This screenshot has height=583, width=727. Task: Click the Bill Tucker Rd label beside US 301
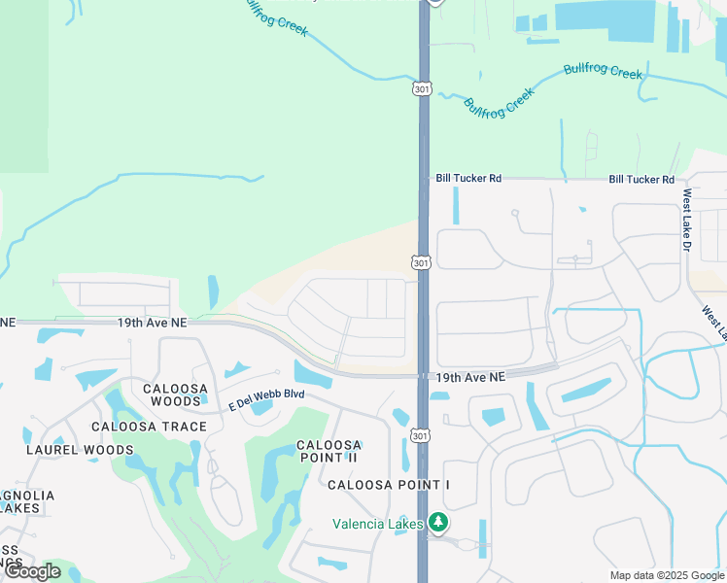point(468,179)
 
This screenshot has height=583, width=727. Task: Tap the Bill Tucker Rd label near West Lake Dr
point(641,180)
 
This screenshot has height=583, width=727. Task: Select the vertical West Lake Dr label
point(686,221)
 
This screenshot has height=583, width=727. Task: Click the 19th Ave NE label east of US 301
point(470,376)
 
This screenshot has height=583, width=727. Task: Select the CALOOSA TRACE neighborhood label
point(149,427)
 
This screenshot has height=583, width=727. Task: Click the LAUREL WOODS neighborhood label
point(80,450)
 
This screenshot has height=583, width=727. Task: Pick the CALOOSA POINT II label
point(329,452)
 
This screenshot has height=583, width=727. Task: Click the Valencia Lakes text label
point(377,524)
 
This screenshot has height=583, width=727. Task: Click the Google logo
point(33,571)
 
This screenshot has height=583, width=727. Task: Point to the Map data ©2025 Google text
point(666,575)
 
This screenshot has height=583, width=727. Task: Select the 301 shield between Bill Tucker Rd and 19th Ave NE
point(420,263)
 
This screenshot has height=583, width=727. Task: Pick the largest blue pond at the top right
point(606,20)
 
